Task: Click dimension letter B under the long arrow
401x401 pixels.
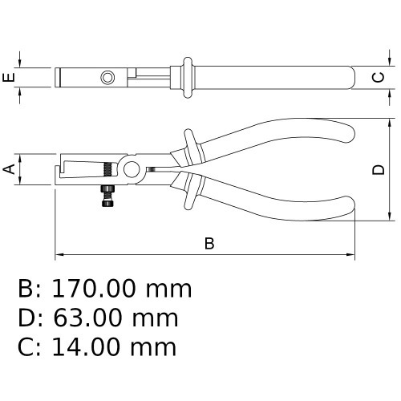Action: point(209,243)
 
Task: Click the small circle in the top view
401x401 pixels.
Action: point(107,78)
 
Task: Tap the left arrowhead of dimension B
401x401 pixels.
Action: point(58,256)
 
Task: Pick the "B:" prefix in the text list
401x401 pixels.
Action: point(29,288)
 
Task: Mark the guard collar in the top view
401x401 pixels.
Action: point(186,78)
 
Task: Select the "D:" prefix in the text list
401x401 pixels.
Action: point(29,318)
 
